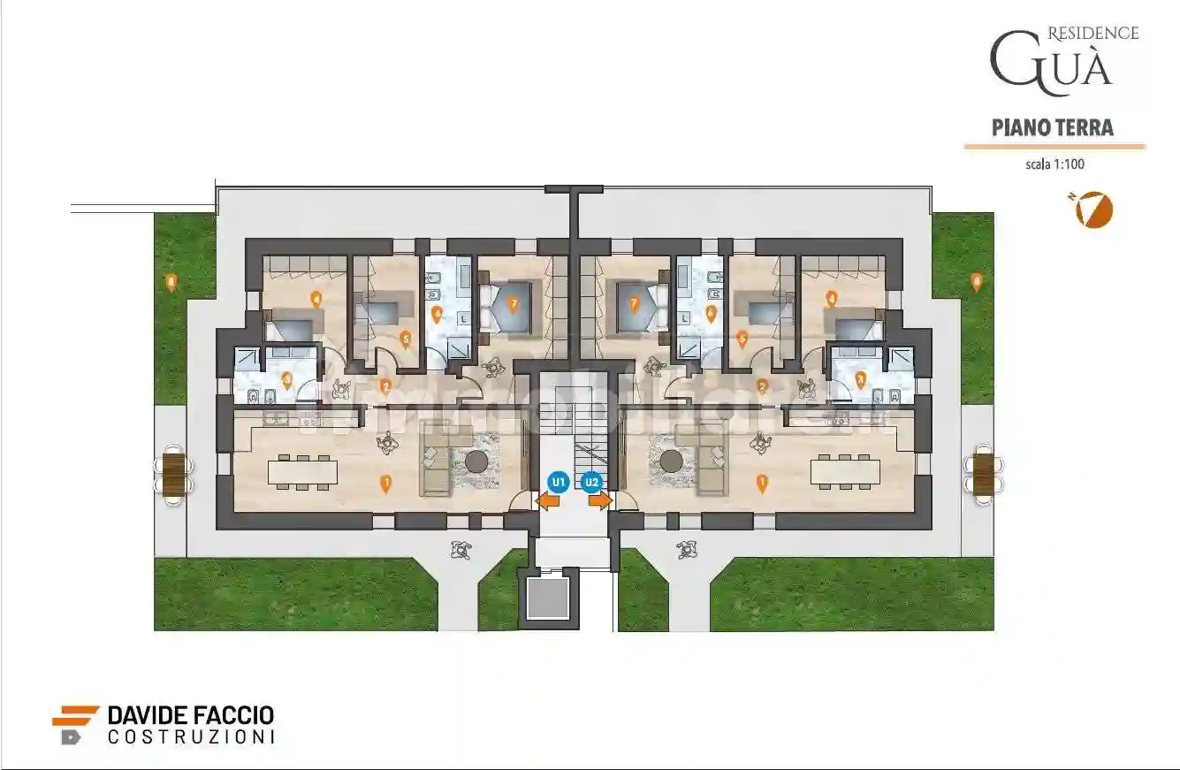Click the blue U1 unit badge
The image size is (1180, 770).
pyautogui.click(x=558, y=482)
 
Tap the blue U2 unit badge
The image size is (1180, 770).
pyautogui.click(x=591, y=482)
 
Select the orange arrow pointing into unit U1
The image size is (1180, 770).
pyautogui.click(x=548, y=501)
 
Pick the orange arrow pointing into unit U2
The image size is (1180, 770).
pyautogui.click(x=600, y=501)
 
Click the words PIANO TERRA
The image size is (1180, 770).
pyautogui.click(x=1053, y=127)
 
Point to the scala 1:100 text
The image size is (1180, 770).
pyautogui.click(x=1054, y=164)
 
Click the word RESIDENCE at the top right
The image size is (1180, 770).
pyautogui.click(x=1092, y=34)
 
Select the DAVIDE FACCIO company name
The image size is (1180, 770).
pyautogui.click(x=190, y=715)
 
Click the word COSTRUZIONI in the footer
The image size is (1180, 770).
pyautogui.click(x=190, y=736)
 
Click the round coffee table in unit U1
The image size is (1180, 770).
pyautogui.click(x=478, y=461)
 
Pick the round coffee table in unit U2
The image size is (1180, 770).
pyautogui.click(x=672, y=461)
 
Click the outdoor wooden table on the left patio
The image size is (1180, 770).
pyautogui.click(x=174, y=472)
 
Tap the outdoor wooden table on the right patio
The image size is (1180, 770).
pyautogui.click(x=983, y=472)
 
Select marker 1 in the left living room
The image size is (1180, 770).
pyautogui.click(x=385, y=483)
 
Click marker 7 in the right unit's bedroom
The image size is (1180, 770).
pyautogui.click(x=634, y=304)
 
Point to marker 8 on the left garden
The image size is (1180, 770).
pyautogui.click(x=171, y=282)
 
